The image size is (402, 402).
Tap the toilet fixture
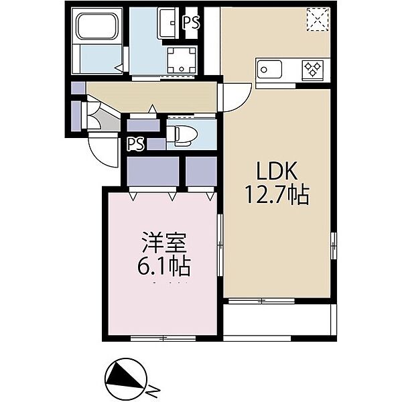tap(182, 135)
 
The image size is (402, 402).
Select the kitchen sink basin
tap(269, 69)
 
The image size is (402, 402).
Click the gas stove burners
tap(313, 69)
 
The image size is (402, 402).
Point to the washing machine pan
tap(182, 60)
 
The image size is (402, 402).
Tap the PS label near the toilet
tap(136, 145)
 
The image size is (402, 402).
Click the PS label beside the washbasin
tap(191, 23)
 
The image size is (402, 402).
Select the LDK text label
tap(277, 171)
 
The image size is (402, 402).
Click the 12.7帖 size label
tap(277, 195)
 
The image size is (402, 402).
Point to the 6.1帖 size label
tap(164, 267)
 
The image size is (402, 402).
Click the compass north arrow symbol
tap(126, 379)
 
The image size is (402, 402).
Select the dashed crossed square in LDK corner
tap(318, 19)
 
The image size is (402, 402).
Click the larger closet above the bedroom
tap(153, 171)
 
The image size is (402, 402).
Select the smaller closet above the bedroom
tap(201, 171)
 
